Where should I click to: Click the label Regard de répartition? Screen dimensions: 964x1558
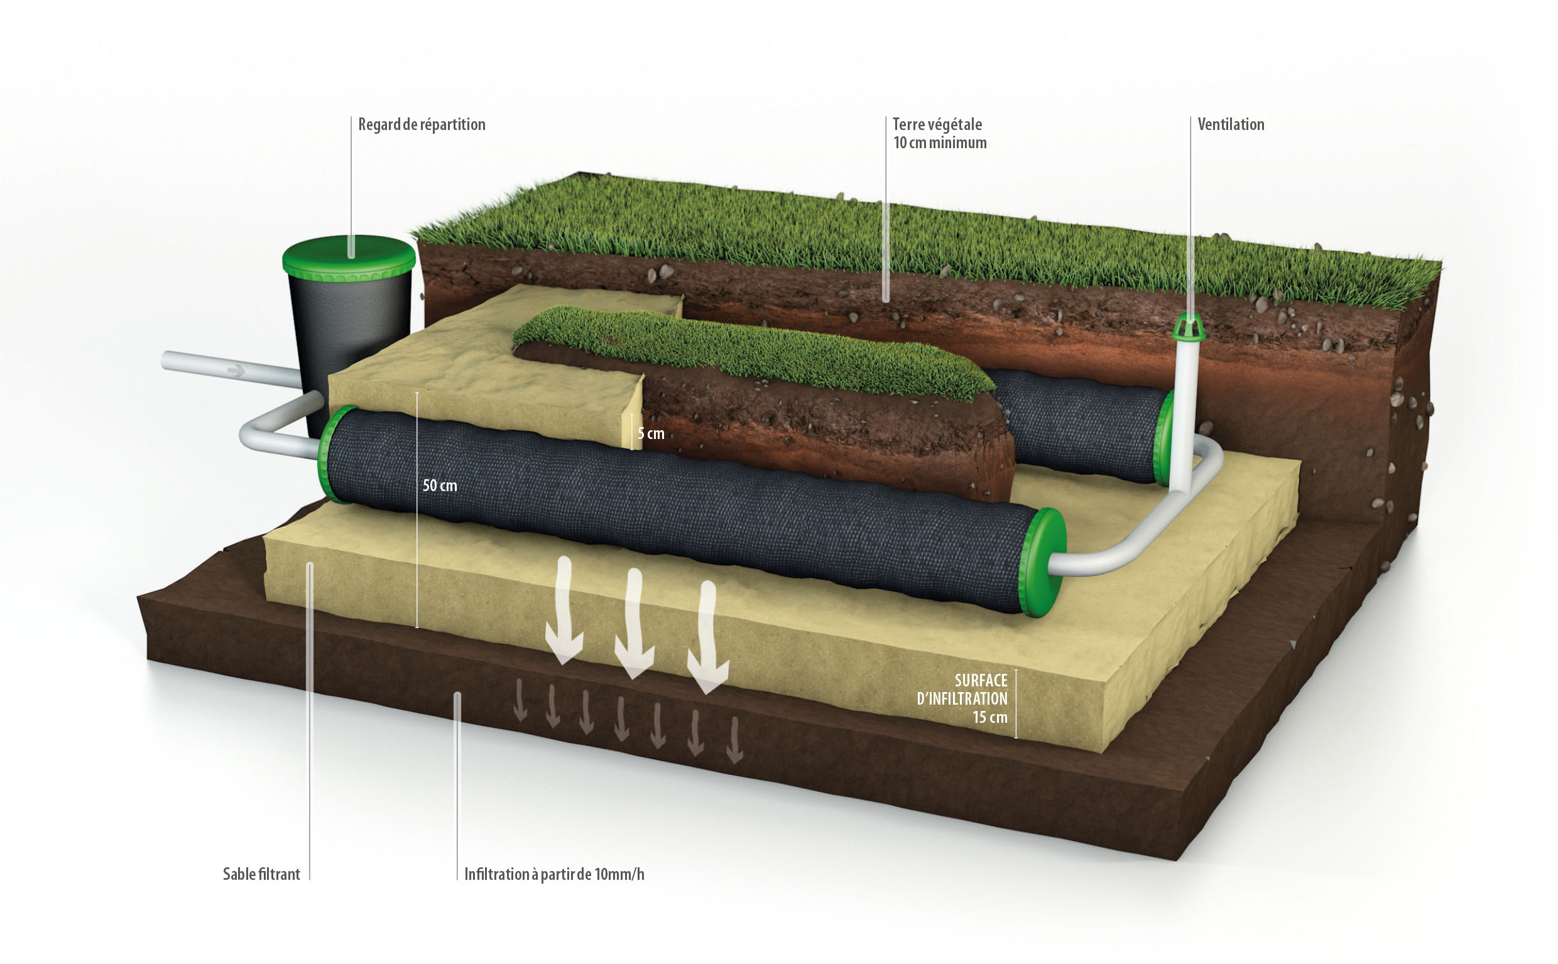422,124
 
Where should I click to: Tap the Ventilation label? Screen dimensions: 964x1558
1230,124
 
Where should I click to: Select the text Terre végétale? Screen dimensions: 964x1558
937,124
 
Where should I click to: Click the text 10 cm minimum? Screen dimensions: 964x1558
939,143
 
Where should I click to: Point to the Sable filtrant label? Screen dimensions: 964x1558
261,874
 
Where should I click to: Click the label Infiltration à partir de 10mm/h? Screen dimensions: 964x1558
554,874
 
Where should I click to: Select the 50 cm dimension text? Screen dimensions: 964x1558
440,486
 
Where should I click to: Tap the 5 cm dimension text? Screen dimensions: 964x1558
651,433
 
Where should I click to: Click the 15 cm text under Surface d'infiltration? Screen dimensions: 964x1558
990,717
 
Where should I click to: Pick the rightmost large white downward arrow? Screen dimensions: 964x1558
707,637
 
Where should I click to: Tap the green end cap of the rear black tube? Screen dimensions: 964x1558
1163,436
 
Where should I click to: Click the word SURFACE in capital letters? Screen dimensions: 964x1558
981,680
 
